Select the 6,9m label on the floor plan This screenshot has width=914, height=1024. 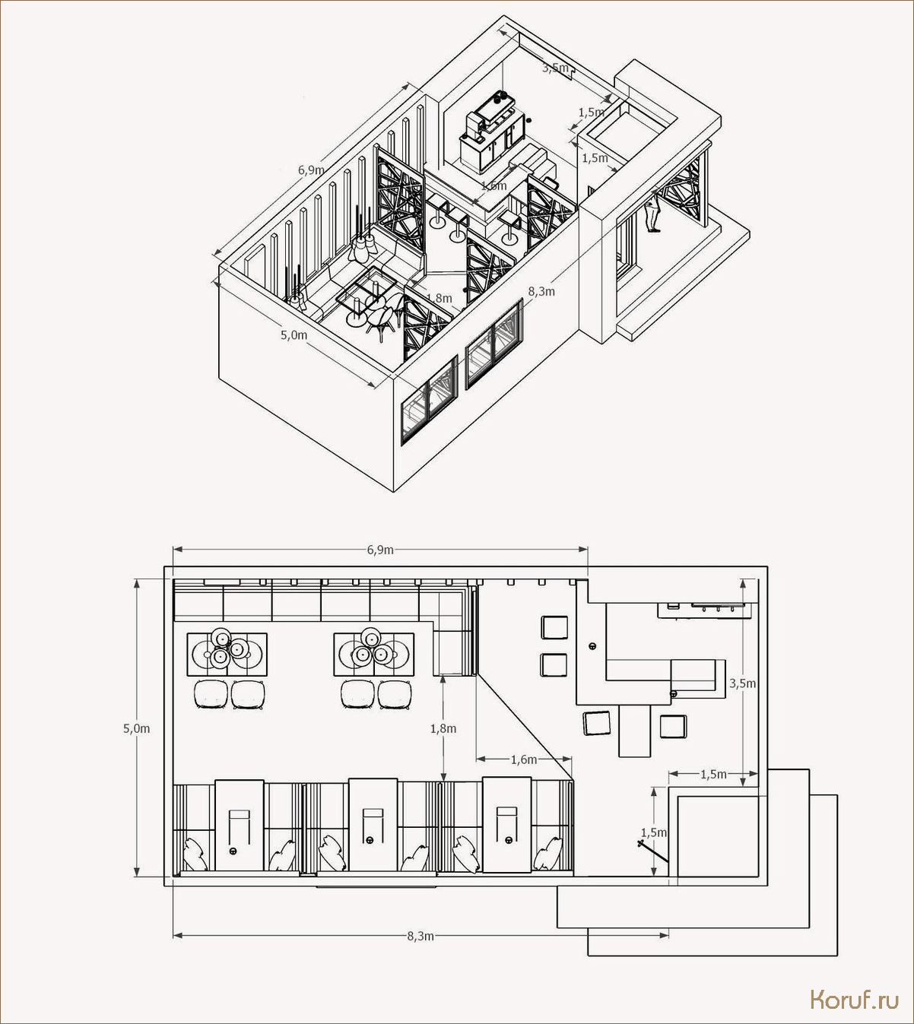point(380,550)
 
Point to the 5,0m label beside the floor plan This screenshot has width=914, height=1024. point(137,728)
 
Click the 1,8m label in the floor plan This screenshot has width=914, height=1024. point(443,728)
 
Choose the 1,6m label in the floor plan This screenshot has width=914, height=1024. point(524,759)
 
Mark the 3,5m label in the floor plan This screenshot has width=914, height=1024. point(743,683)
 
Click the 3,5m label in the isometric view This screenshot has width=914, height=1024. point(555,68)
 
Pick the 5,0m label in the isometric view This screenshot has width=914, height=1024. point(294,334)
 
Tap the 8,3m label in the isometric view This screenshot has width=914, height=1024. point(541,291)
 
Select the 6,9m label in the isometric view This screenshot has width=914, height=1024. point(311,170)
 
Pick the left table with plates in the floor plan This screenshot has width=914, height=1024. point(227,654)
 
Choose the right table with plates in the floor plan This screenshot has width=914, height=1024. point(373,654)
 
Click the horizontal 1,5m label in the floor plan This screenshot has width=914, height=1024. point(713,775)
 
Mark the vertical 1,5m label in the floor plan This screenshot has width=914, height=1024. point(654,832)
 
